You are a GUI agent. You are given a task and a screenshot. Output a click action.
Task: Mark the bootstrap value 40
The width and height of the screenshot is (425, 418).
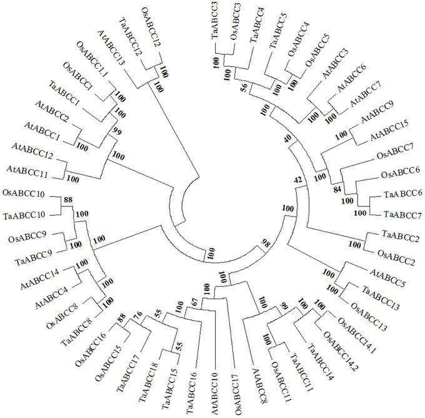pos(289,139)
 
